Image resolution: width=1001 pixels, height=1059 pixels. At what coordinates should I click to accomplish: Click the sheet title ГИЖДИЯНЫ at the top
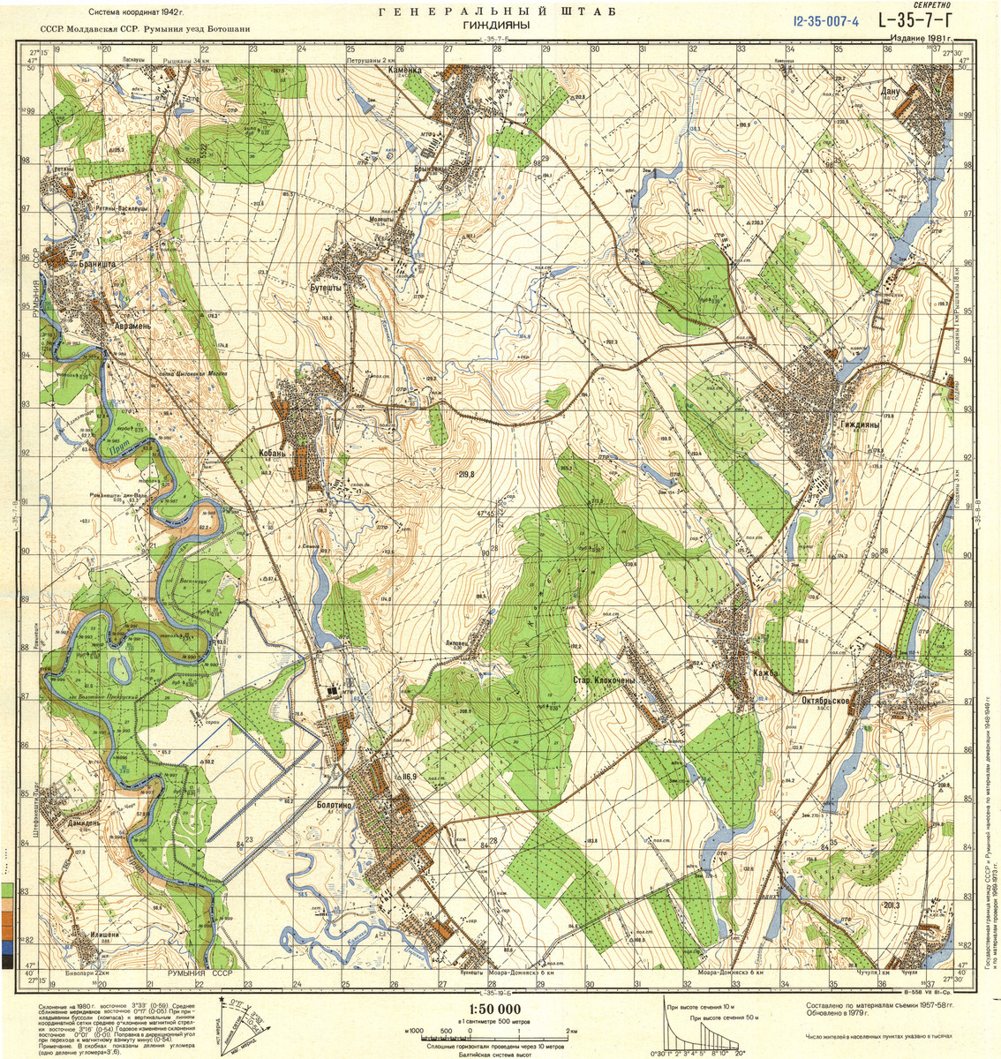[495, 26]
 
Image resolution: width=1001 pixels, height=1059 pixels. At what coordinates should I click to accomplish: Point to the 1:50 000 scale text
[491, 1009]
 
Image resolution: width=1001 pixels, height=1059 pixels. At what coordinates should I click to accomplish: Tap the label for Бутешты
[324, 287]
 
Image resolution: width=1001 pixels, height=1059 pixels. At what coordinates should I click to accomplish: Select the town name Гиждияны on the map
[859, 424]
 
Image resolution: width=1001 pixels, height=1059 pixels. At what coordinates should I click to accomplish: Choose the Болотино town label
[335, 804]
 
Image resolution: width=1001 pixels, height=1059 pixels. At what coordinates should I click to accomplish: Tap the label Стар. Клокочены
[604, 681]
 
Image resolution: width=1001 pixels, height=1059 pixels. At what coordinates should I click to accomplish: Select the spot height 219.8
[466, 474]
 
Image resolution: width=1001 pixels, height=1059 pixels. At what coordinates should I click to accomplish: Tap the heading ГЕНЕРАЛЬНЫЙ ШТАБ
[496, 11]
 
